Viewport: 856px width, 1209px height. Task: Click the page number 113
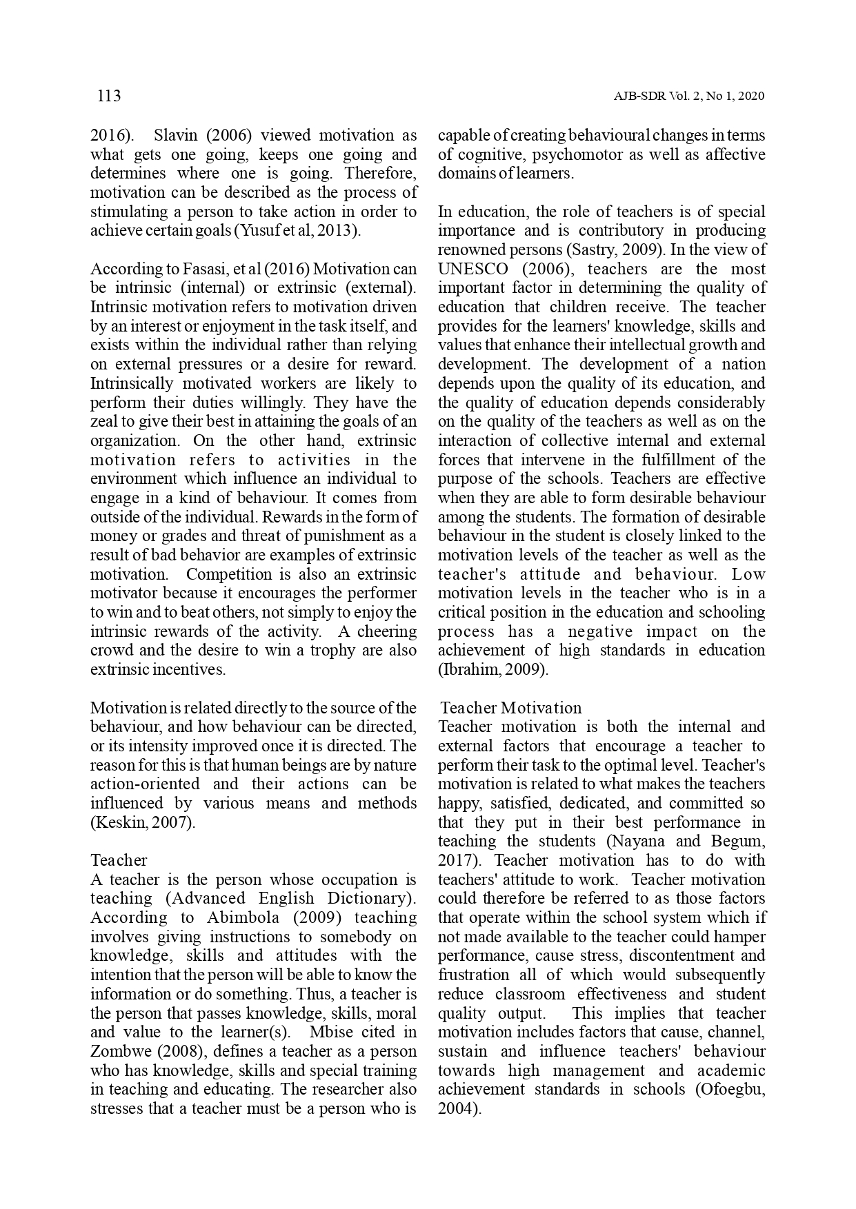tap(109, 96)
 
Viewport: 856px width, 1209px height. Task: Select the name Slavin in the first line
tap(177, 135)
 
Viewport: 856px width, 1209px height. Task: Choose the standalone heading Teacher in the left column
tap(119, 860)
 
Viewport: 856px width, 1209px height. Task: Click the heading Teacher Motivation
tap(511, 708)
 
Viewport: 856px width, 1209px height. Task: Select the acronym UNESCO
tap(473, 269)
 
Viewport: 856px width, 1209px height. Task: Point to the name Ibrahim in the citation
tap(468, 669)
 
